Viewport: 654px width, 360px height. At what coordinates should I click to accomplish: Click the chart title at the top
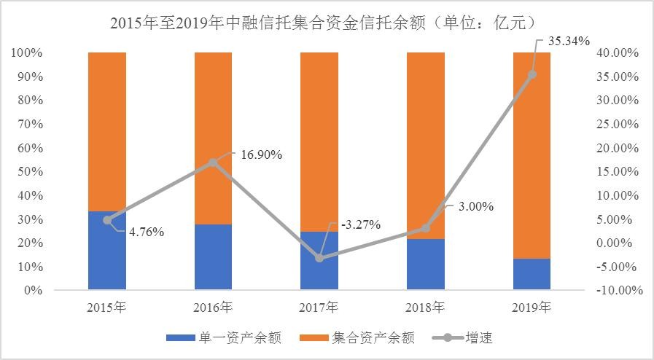tap(327, 23)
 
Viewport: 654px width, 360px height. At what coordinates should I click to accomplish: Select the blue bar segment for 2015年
tap(107, 251)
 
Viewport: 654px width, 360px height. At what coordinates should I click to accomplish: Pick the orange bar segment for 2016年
tap(213, 138)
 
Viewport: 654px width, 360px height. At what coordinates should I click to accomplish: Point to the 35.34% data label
tap(568, 41)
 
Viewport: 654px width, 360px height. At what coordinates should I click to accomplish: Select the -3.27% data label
tap(360, 224)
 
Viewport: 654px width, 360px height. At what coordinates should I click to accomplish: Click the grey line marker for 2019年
tap(532, 74)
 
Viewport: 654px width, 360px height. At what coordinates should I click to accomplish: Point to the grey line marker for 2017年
tap(319, 258)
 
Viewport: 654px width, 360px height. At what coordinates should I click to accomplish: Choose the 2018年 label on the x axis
tap(425, 307)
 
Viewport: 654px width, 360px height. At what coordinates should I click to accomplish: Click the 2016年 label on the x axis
tap(213, 307)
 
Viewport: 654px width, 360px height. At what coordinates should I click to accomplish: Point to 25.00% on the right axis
tap(619, 124)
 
